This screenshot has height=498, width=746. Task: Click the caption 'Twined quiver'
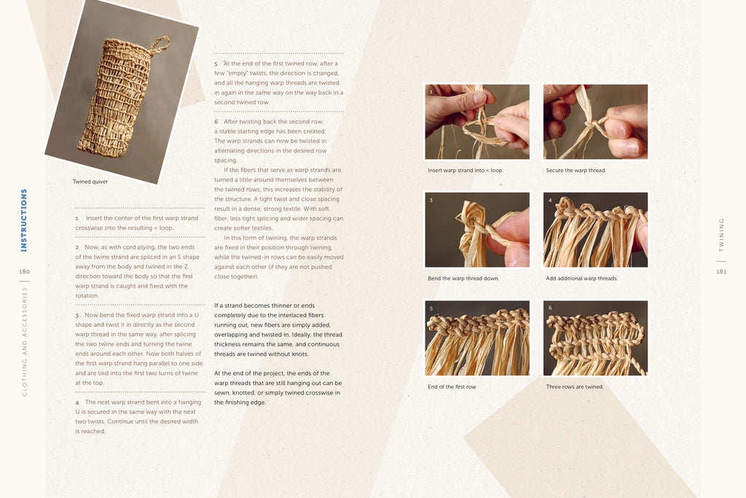click(x=90, y=182)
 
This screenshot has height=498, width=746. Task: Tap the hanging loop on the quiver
click(x=160, y=44)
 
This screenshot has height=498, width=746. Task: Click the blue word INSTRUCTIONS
click(x=24, y=220)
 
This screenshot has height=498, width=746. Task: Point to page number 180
click(x=24, y=271)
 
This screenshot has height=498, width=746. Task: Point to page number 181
click(x=721, y=271)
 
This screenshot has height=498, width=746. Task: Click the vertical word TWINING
click(x=721, y=235)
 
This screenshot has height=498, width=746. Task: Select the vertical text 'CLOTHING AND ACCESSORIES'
click(x=24, y=341)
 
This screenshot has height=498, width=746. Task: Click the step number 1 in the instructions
click(x=76, y=219)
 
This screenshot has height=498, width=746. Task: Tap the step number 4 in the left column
click(x=77, y=402)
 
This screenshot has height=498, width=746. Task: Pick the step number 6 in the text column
click(x=216, y=122)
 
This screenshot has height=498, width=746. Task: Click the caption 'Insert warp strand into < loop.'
click(x=466, y=170)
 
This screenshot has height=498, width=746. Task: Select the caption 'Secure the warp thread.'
click(x=576, y=170)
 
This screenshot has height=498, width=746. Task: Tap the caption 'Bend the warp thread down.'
click(x=463, y=278)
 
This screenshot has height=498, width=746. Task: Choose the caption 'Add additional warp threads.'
click(x=581, y=278)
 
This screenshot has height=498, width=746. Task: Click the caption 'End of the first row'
click(x=452, y=386)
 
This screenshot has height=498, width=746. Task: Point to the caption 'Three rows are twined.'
click(x=574, y=386)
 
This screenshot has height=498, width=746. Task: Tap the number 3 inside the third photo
click(x=431, y=200)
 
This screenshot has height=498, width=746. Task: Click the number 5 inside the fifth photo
click(x=431, y=308)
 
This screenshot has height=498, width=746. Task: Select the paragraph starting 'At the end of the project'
click(x=278, y=388)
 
